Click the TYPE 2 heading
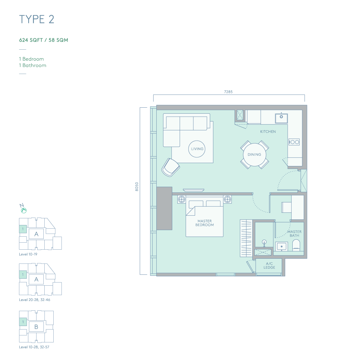tap(37, 19)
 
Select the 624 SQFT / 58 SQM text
tap(44, 40)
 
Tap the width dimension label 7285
tap(228, 92)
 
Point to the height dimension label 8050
tap(137, 187)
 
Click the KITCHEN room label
tap(268, 132)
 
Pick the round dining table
tap(254, 155)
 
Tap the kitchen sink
tap(281, 118)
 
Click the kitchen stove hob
tap(294, 142)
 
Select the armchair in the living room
tap(171, 167)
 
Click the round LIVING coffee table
tap(197, 149)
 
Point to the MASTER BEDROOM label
tap(205, 223)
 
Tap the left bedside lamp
tap(182, 199)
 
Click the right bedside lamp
tap(227, 199)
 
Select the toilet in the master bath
tap(296, 245)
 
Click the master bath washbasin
tap(281, 247)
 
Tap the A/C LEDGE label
tap(269, 266)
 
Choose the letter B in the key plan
tap(36, 327)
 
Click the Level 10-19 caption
tap(28, 254)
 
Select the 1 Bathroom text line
tap(33, 65)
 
